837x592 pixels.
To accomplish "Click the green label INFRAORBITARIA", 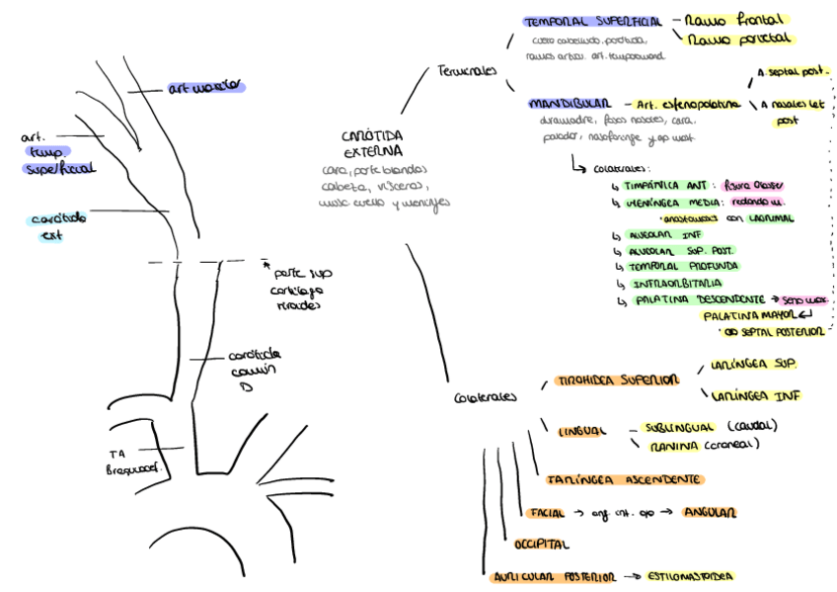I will [x=681, y=282].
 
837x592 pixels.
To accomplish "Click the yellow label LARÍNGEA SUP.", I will [x=753, y=364].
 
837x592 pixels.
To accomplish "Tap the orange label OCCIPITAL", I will [x=542, y=544].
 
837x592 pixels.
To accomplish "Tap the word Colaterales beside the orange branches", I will [x=485, y=397].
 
